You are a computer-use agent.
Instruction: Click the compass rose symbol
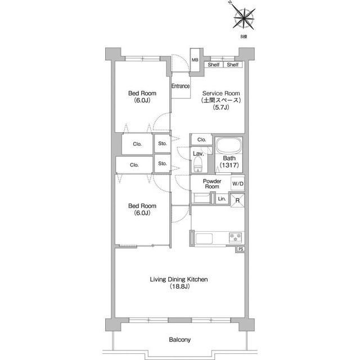pos(244,18)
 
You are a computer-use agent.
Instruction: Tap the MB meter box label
pos(195,60)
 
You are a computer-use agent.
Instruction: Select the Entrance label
pos(181,86)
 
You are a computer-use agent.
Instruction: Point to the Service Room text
pos(221,93)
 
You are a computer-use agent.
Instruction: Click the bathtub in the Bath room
pos(229,145)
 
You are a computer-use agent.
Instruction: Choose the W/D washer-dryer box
pos(238,184)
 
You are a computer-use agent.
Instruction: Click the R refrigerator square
pos(237,200)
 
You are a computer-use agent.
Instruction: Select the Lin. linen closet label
pos(222,199)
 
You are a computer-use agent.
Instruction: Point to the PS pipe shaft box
pos(241,249)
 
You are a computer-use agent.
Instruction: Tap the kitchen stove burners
pos(236,237)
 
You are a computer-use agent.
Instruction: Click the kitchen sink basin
pos(204,238)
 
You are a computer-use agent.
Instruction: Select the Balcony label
pos(180,340)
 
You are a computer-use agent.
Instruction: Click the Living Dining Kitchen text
pos(179,280)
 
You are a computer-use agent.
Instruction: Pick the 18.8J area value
pos(179,286)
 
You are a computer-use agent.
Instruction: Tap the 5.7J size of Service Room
pos(221,107)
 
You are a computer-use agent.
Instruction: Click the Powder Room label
pos(212,184)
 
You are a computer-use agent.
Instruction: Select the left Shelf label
pos(214,65)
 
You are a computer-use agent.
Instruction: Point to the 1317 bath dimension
pos(229,165)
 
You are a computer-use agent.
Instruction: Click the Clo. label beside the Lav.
pos(202,139)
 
